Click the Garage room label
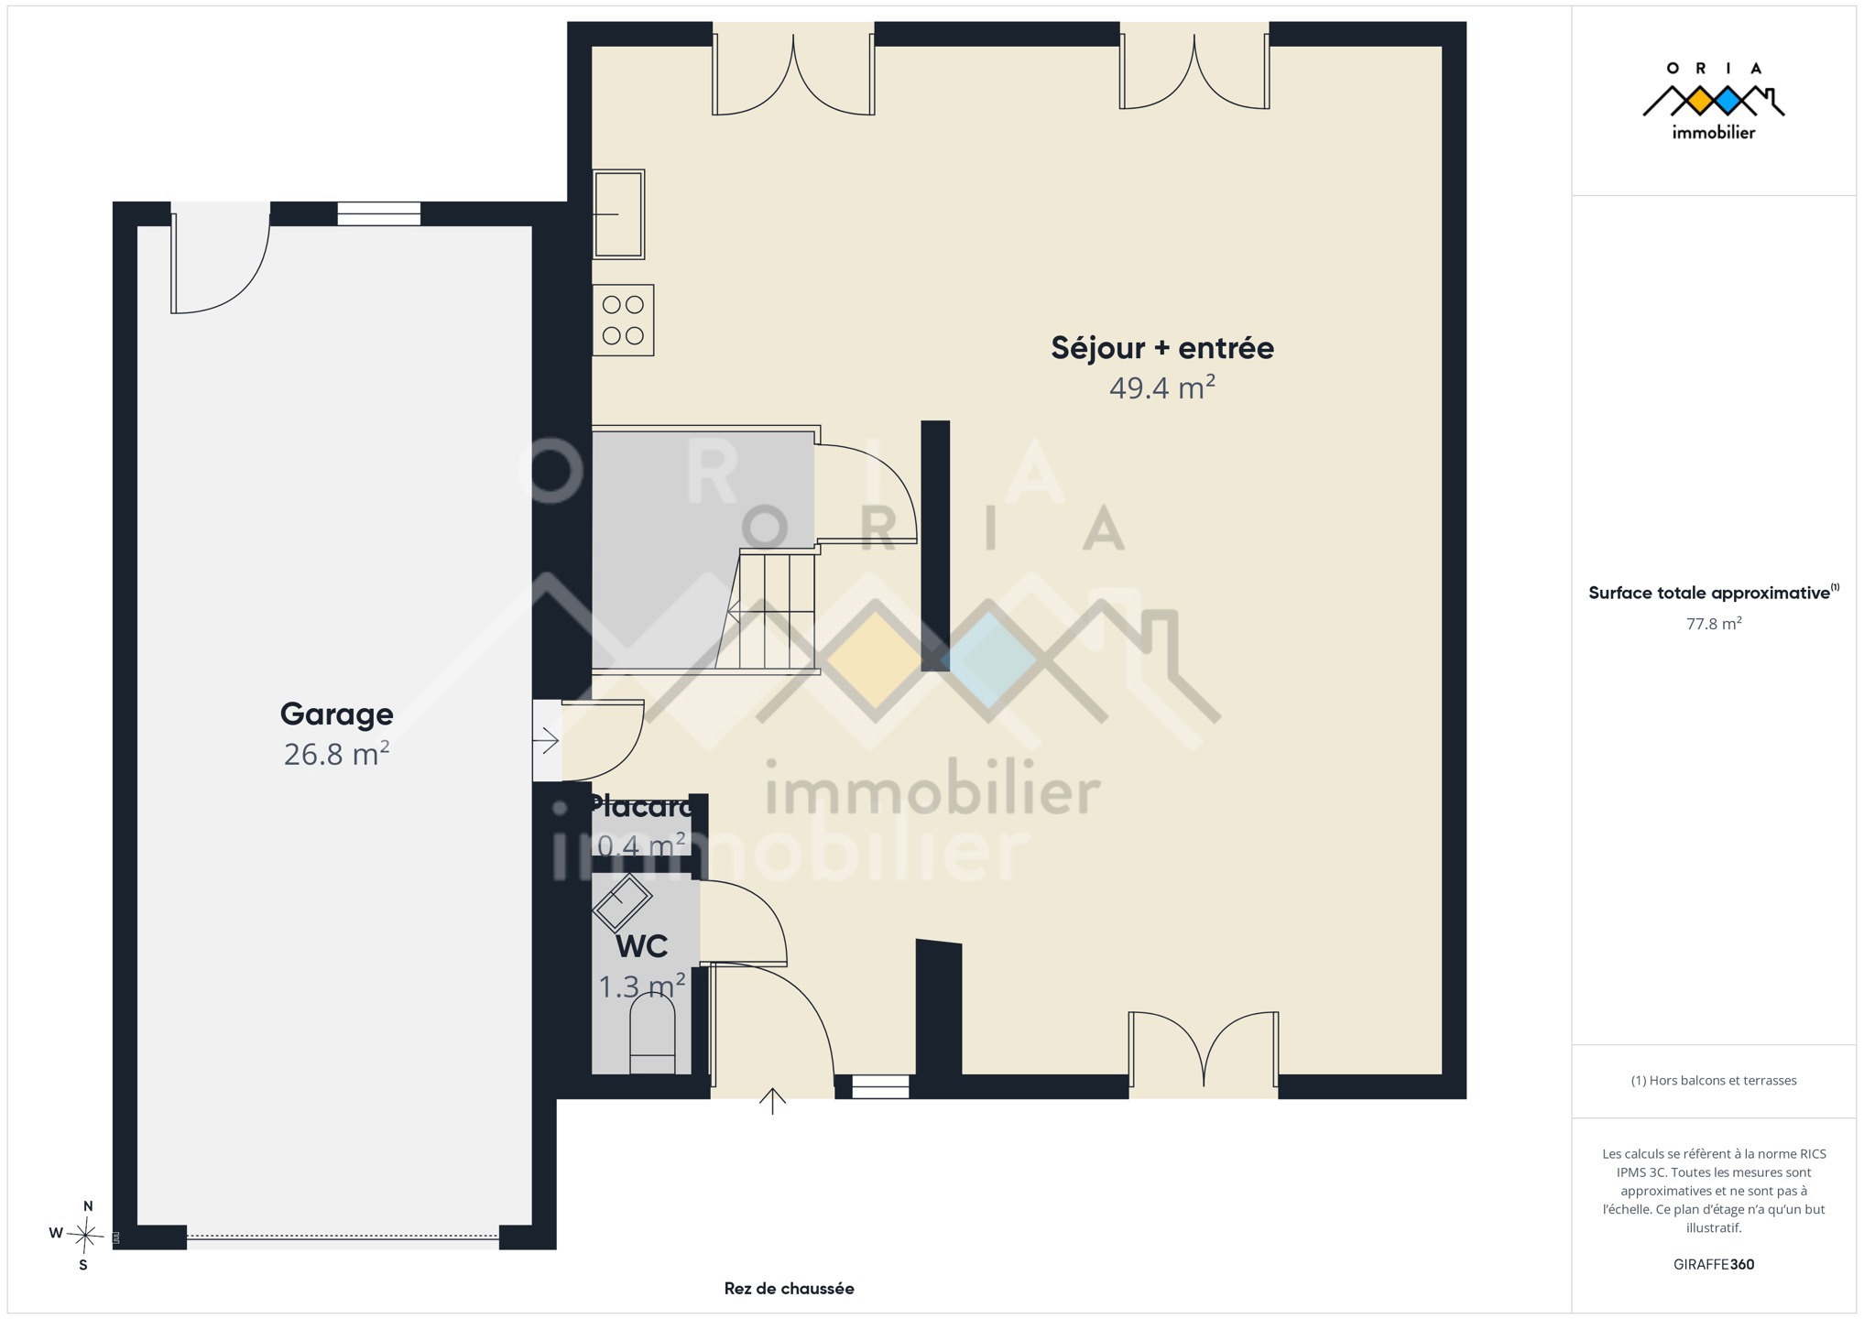[336, 714]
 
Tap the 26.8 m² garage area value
[336, 754]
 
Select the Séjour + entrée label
[1161, 348]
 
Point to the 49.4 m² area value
[1161, 387]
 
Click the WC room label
[641, 945]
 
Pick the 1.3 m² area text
[641, 987]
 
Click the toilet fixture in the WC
[652, 1032]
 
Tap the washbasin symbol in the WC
[622, 902]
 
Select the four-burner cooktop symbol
[623, 321]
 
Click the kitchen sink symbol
[618, 214]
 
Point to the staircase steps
[769, 610]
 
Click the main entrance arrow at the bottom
[772, 1101]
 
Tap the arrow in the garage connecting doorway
[546, 740]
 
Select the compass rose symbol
[84, 1235]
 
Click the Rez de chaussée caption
[789, 1289]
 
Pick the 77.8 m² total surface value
[1713, 624]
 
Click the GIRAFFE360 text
[1713, 1265]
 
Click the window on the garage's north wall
[378, 213]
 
